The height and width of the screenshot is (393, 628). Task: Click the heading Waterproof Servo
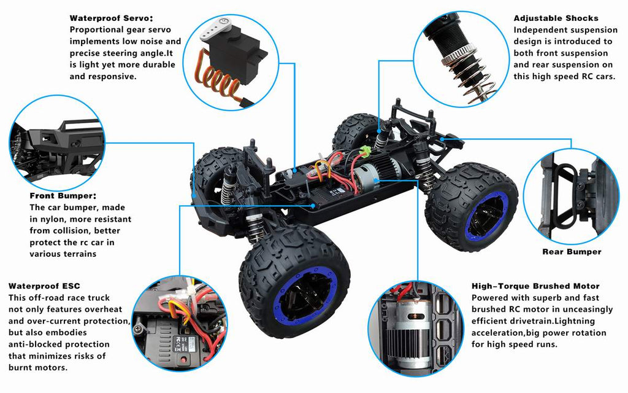pyautogui.click(x=111, y=18)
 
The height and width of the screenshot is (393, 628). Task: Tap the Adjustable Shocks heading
pyautogui.click(x=556, y=18)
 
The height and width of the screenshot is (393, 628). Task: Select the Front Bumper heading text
pyautogui.click(x=63, y=196)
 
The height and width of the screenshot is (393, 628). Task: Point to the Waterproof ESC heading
pyautogui.click(x=44, y=286)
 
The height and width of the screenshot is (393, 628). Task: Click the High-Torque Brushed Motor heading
pyautogui.click(x=535, y=286)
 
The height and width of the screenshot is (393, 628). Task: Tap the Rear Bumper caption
pyautogui.click(x=572, y=252)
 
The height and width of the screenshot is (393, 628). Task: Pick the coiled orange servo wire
pyautogui.click(x=220, y=81)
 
